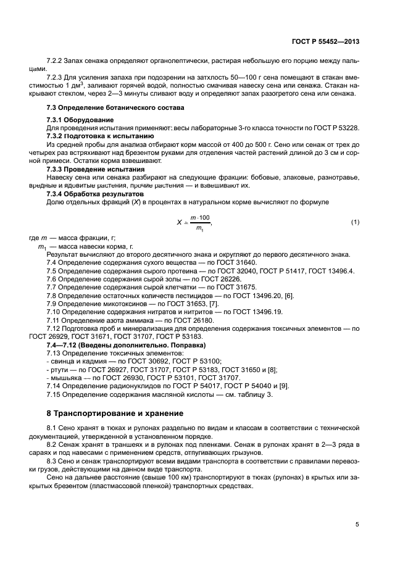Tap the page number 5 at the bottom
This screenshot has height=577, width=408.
click(357, 525)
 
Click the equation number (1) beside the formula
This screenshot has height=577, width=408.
click(355, 222)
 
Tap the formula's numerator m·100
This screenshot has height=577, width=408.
click(199, 217)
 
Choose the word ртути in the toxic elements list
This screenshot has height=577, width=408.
click(62, 369)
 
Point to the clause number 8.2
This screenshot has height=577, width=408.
click(53, 443)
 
